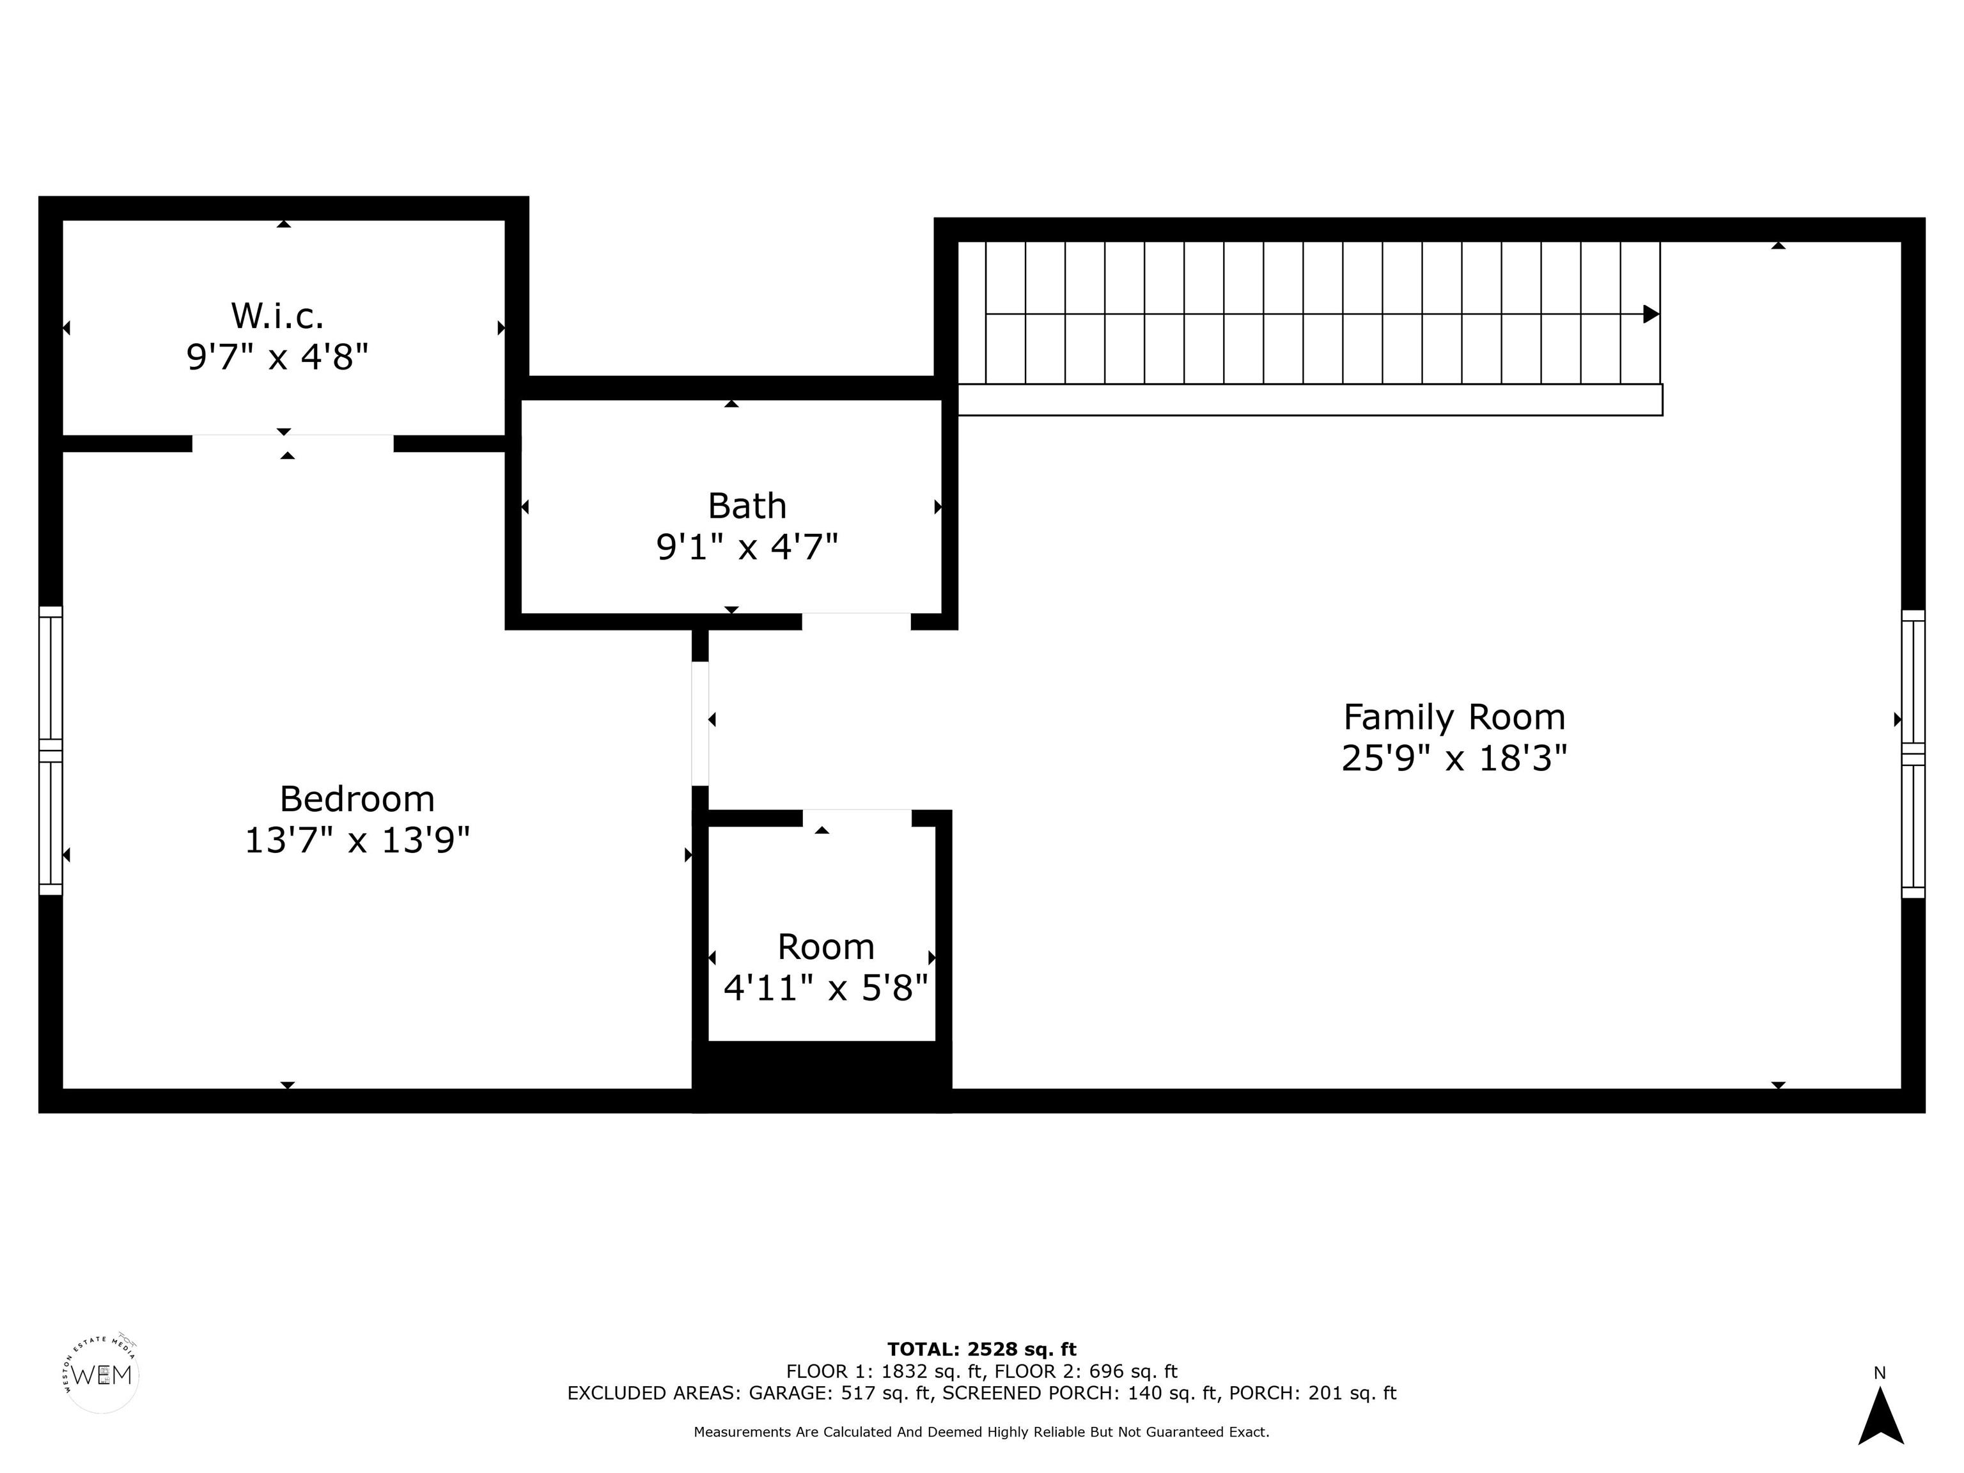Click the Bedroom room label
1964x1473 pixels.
[x=357, y=799]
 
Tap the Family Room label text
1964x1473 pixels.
[x=1454, y=717]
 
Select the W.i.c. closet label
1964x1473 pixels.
[x=277, y=315]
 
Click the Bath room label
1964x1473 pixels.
[x=747, y=506]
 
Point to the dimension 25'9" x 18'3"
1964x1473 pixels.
[x=1454, y=758]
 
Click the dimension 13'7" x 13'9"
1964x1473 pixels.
[x=357, y=839]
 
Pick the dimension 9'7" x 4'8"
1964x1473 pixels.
[x=277, y=357]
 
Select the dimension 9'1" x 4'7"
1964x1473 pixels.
[x=747, y=547]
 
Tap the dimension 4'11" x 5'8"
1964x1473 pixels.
[x=826, y=987]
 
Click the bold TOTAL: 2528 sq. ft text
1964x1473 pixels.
[x=982, y=1350]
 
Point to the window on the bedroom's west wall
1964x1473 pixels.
[x=51, y=751]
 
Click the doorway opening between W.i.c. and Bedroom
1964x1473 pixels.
[x=293, y=443]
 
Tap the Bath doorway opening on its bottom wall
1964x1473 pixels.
[x=857, y=621]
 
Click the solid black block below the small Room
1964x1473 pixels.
[x=822, y=1076]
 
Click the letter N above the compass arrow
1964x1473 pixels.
[x=1880, y=1373]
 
